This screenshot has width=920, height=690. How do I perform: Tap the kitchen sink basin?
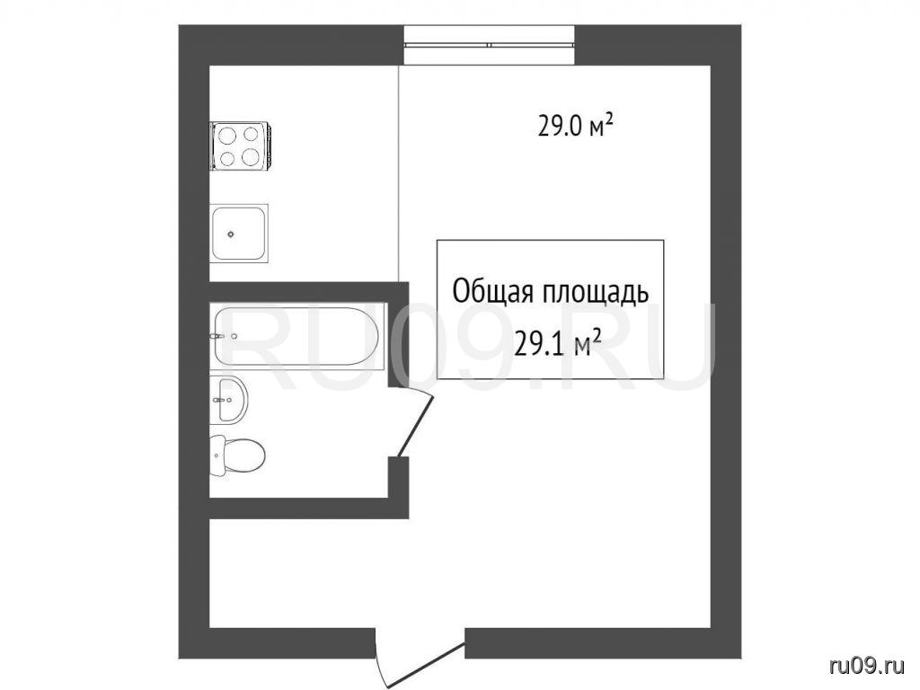[239, 234]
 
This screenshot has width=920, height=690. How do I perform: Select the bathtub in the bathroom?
[297, 337]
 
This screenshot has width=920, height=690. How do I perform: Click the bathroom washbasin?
[229, 399]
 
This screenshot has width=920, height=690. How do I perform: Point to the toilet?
[237, 456]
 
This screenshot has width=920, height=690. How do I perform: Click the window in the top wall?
[490, 45]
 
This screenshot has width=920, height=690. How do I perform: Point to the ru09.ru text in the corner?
[867, 665]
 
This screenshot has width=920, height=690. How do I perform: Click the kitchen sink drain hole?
[231, 234]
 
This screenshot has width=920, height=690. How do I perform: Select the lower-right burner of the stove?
[252, 157]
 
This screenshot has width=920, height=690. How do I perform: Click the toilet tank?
[217, 456]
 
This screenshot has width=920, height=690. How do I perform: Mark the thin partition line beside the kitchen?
[399, 173]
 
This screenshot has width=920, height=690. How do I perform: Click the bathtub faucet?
[217, 336]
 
